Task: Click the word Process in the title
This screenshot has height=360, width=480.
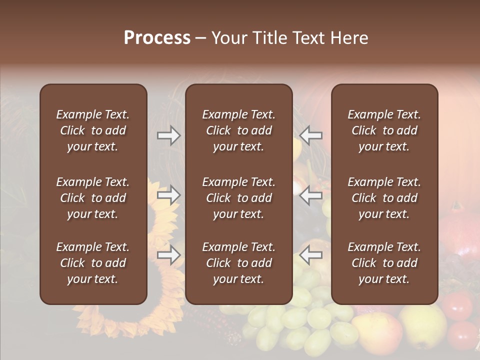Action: pos(157,38)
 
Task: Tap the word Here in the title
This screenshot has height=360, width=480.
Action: pos(350,38)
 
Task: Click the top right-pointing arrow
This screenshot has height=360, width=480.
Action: pos(169,135)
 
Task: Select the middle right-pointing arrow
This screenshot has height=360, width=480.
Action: pos(169,195)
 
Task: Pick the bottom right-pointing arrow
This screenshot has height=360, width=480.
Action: pos(169,255)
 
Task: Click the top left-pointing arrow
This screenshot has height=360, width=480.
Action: pos(311,135)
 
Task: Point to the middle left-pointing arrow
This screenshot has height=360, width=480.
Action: pos(311,195)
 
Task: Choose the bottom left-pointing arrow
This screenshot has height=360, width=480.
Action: pos(311,255)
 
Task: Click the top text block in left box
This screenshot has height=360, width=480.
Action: pos(93,130)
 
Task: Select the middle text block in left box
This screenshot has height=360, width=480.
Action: pos(93,198)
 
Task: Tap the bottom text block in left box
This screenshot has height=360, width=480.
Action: pos(93,263)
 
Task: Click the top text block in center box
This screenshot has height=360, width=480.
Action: pos(238,130)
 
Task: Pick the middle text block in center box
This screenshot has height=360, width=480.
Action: pos(238,198)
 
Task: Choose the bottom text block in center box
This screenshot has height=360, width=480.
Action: pos(238,263)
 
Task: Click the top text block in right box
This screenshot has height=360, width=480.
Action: pos(384,130)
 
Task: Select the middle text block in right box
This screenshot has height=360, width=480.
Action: pos(384,198)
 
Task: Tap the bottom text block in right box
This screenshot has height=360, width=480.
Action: pos(384,263)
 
